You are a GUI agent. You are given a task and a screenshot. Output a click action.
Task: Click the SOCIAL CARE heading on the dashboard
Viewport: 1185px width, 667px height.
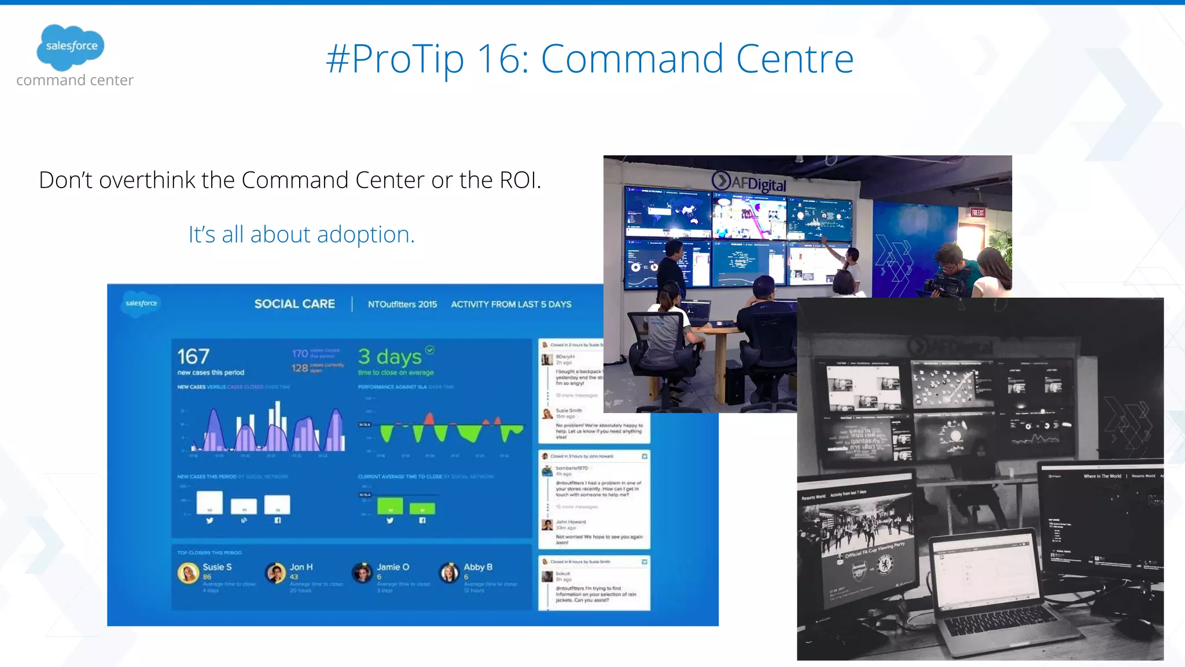pyautogui.click(x=295, y=304)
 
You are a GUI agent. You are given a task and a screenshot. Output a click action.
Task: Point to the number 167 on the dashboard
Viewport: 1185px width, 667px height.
pyautogui.click(x=193, y=356)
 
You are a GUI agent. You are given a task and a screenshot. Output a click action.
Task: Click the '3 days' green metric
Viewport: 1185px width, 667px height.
pyautogui.click(x=389, y=357)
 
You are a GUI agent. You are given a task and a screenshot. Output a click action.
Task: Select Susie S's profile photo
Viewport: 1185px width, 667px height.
pyautogui.click(x=188, y=573)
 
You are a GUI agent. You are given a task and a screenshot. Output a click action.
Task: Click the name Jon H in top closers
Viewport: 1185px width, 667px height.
pyautogui.click(x=301, y=567)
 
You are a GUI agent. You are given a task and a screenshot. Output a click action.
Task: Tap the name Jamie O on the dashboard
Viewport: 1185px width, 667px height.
pyautogui.click(x=393, y=567)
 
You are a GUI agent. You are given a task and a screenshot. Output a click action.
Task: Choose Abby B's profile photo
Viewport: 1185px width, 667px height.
pyautogui.click(x=449, y=573)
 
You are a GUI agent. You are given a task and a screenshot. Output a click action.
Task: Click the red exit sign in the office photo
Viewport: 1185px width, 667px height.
pyautogui.click(x=977, y=213)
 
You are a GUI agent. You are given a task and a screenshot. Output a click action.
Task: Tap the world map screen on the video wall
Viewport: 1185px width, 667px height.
pyautogui.click(x=668, y=212)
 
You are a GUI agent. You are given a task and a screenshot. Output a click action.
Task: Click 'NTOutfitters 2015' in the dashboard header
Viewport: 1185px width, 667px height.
pyautogui.click(x=402, y=304)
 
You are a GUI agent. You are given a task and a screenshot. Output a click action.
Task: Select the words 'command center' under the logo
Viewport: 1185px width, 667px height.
pyautogui.click(x=75, y=80)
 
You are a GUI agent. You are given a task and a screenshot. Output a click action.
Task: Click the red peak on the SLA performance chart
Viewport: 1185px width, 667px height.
pyautogui.click(x=429, y=418)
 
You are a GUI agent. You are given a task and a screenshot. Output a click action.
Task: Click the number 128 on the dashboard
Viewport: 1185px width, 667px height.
pyautogui.click(x=299, y=368)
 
